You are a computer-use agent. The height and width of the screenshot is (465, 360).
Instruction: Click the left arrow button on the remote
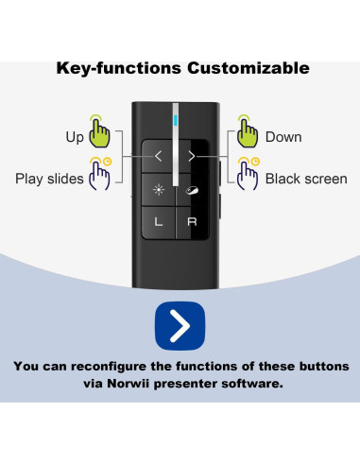pyautogui.click(x=159, y=154)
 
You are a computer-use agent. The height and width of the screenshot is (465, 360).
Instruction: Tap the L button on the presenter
pyautogui.click(x=159, y=222)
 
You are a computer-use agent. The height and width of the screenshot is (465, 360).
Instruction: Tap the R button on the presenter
pyautogui.click(x=192, y=222)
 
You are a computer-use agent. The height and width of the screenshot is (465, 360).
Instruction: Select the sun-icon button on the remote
pyautogui.click(x=159, y=189)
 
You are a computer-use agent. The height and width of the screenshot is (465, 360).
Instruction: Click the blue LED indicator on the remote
pyautogui.click(x=176, y=120)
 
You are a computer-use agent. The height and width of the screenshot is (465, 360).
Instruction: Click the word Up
pyautogui.click(x=75, y=138)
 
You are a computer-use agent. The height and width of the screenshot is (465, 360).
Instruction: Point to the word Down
pyautogui.click(x=283, y=138)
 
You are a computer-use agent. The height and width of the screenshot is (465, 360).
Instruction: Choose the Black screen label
pyautogui.click(x=305, y=179)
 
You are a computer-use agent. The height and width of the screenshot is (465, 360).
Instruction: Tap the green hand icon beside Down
pyautogui.click(x=248, y=131)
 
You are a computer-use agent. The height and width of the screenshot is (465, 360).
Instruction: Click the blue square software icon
pyautogui.click(x=180, y=324)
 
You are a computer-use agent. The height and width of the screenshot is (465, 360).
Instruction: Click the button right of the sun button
pyautogui.click(x=192, y=189)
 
